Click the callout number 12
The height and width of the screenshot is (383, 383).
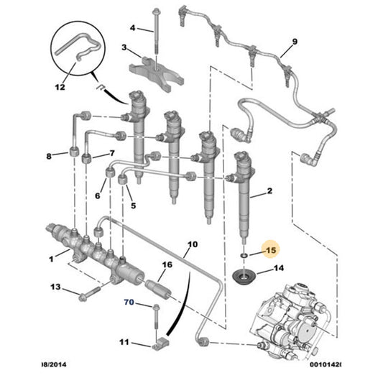click(x=60, y=87)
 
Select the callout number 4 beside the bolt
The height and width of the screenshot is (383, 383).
click(x=132, y=28)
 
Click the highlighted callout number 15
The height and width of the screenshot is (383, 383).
click(x=270, y=250)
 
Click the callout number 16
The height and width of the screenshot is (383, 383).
click(x=166, y=264)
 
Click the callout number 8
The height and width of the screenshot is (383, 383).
click(x=49, y=156)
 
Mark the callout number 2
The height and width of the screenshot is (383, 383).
click(x=269, y=191)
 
